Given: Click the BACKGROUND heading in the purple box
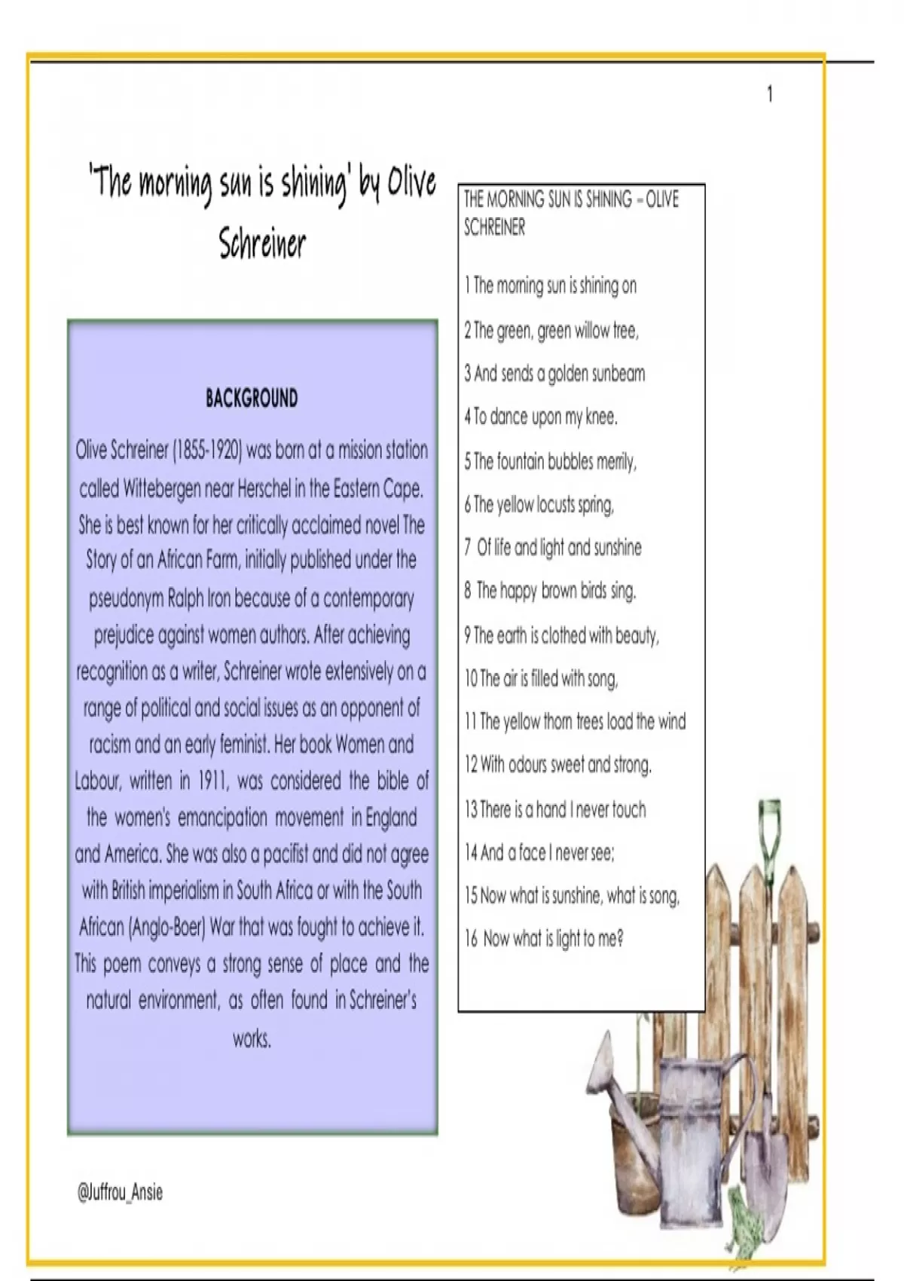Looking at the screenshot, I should coord(252,399).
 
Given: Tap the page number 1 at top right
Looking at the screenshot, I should coord(769,94).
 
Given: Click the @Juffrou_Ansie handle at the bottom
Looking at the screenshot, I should coord(120,1192).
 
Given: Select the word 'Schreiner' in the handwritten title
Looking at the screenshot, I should coord(262,243).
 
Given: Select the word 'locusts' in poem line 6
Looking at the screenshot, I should coord(556,504).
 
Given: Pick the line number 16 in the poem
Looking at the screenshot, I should coord(471,939).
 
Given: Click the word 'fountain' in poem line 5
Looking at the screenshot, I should coord(523,460).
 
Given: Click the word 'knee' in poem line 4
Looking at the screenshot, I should coord(600,417).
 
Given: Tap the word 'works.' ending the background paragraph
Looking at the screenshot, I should coord(252,1039).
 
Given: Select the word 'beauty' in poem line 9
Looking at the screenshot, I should coord(636,636).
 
